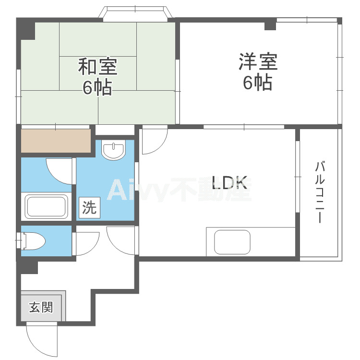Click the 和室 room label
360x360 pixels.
click(x=97, y=66)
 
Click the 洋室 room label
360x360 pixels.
click(x=258, y=61)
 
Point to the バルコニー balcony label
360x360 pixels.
click(x=320, y=192)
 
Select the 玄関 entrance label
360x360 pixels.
click(x=41, y=307)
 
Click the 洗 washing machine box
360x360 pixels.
click(x=89, y=207)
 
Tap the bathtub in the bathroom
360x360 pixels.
click(x=47, y=206)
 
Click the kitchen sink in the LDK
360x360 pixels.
click(x=232, y=242)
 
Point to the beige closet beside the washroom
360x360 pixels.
click(x=56, y=141)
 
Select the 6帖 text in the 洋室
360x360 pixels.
click(x=258, y=82)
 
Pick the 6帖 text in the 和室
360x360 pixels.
click(x=97, y=87)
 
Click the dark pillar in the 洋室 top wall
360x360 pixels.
click(x=270, y=26)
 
